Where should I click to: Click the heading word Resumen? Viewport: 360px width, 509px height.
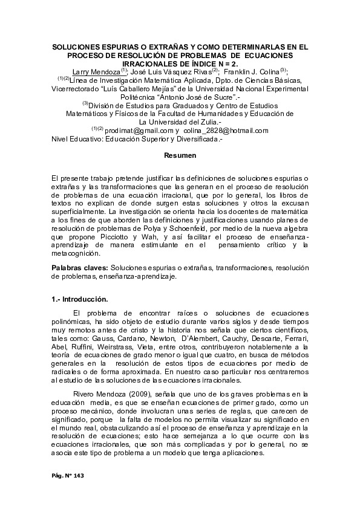(180, 156)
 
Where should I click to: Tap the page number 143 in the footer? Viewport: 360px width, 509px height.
(76, 477)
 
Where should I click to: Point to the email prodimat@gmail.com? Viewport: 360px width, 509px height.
(139, 130)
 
